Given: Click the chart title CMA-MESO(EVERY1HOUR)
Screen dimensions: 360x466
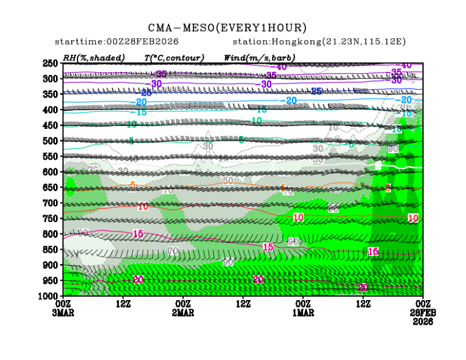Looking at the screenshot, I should pyautogui.click(x=227, y=27).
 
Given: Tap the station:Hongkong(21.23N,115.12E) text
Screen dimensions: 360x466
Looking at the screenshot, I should pyautogui.click(x=319, y=42).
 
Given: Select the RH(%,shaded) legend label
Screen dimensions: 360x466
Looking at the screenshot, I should pyautogui.click(x=94, y=58).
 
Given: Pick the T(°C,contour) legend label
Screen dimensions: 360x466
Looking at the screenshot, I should pyautogui.click(x=174, y=58).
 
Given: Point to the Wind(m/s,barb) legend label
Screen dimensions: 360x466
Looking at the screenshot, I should pyautogui.click(x=260, y=58).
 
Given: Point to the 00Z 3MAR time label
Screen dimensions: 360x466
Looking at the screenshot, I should pyautogui.click(x=63, y=309).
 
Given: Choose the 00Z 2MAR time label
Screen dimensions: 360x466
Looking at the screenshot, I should pyautogui.click(x=184, y=309).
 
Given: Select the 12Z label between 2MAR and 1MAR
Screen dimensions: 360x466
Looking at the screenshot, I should pyautogui.click(x=244, y=305).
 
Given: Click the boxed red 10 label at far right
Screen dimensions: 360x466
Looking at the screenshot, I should pyautogui.click(x=413, y=218).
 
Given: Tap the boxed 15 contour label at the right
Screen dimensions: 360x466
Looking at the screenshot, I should pyautogui.click(x=373, y=251).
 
